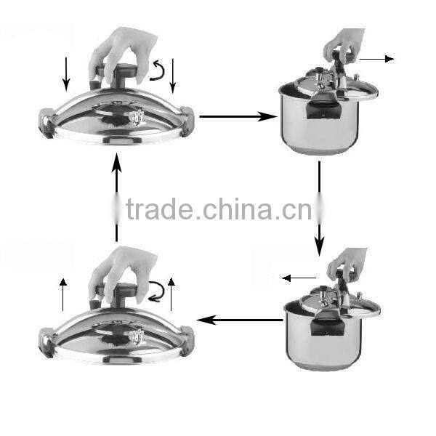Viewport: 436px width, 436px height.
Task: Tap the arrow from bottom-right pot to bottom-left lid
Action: [240, 319]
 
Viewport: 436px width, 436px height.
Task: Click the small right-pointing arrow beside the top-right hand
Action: [376, 58]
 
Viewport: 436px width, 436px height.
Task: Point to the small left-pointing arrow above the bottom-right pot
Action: [299, 278]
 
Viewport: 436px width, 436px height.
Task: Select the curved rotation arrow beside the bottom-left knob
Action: [156, 291]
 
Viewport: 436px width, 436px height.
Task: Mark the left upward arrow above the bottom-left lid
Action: [62, 294]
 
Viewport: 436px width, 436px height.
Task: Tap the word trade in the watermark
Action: [159, 210]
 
